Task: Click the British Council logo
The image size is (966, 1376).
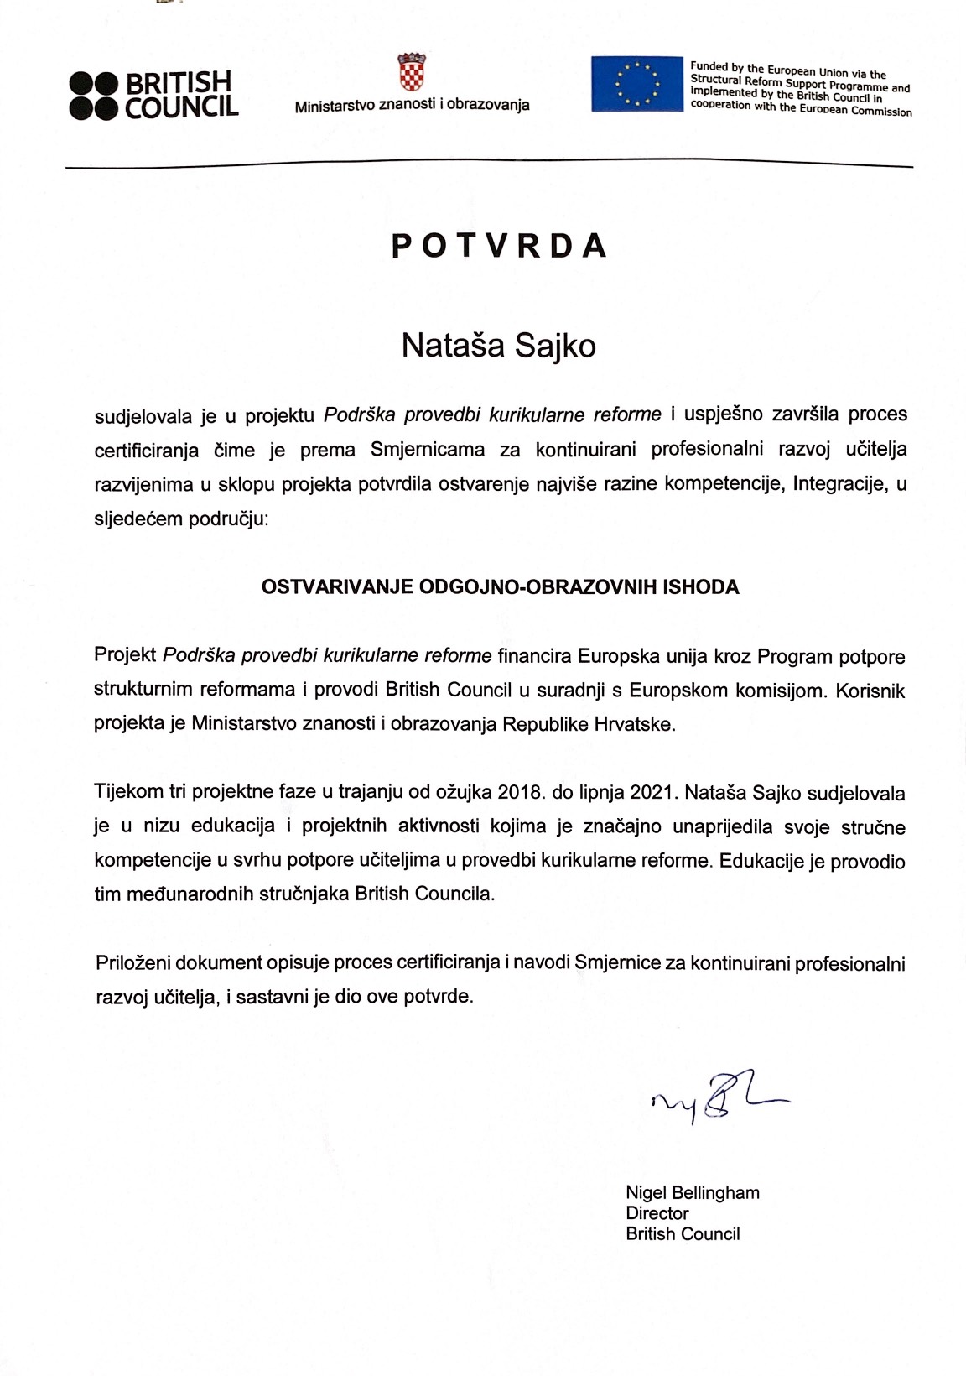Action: pos(154,94)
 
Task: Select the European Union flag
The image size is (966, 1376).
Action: pos(636,84)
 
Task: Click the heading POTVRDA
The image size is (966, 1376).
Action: pos(499,245)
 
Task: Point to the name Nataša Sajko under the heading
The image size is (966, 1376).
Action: pos(498,346)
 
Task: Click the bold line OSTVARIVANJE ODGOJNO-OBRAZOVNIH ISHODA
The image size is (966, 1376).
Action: pos(500,587)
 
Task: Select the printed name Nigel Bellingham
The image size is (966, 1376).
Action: pos(693,1192)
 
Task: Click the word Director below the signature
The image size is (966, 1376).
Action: pos(657,1213)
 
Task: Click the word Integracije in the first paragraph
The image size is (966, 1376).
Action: pos(839,484)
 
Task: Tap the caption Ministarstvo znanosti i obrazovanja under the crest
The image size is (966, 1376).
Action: pos(412,106)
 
